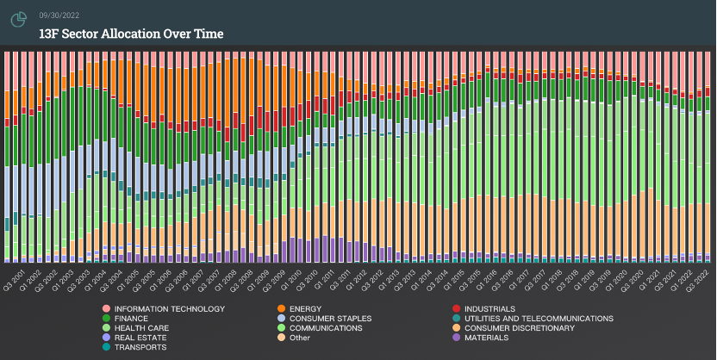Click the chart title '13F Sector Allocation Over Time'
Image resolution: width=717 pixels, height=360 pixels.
[131, 34]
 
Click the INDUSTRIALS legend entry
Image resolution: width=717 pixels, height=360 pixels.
[489, 308]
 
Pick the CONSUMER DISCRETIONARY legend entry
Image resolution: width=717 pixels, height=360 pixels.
[519, 327]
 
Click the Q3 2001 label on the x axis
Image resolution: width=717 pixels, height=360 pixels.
[9, 280]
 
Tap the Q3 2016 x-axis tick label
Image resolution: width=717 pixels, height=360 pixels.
[499, 280]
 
